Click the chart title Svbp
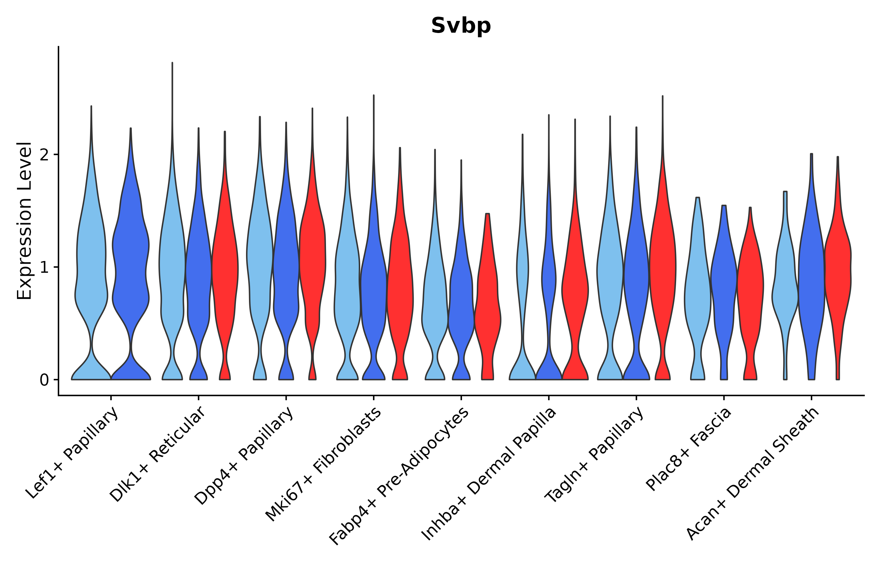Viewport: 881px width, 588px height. [x=461, y=26]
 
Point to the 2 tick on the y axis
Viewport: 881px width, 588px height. [x=44, y=155]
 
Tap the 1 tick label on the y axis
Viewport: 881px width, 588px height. [x=44, y=267]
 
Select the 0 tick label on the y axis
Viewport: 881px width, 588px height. [x=44, y=380]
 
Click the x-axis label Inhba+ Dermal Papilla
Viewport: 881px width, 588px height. [x=489, y=474]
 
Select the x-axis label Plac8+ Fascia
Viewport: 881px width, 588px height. [x=688, y=449]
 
